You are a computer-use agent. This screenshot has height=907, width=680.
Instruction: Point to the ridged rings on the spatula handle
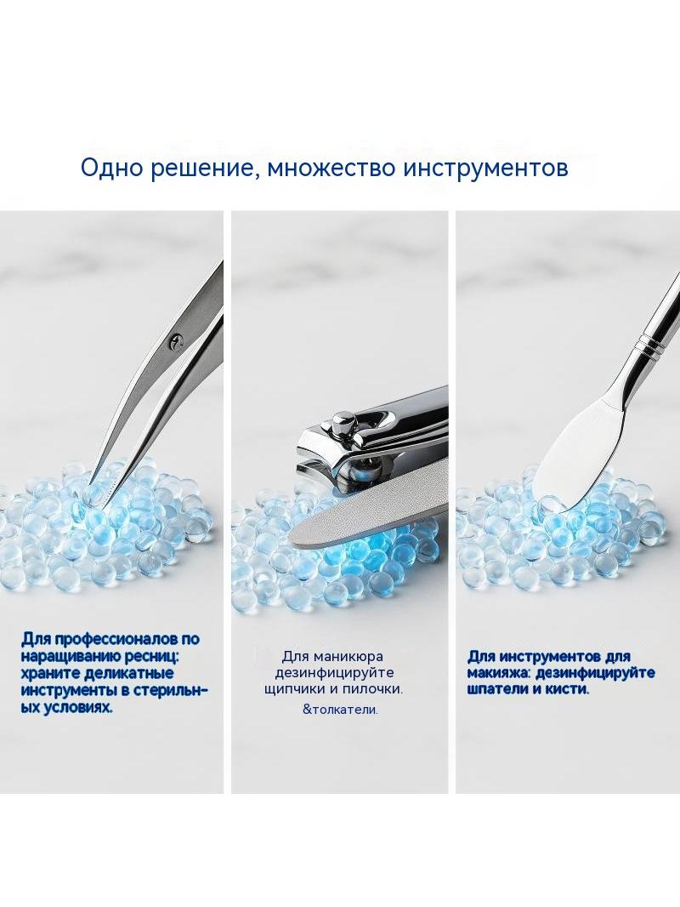645,346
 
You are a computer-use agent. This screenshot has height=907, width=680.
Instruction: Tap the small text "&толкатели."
340,709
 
